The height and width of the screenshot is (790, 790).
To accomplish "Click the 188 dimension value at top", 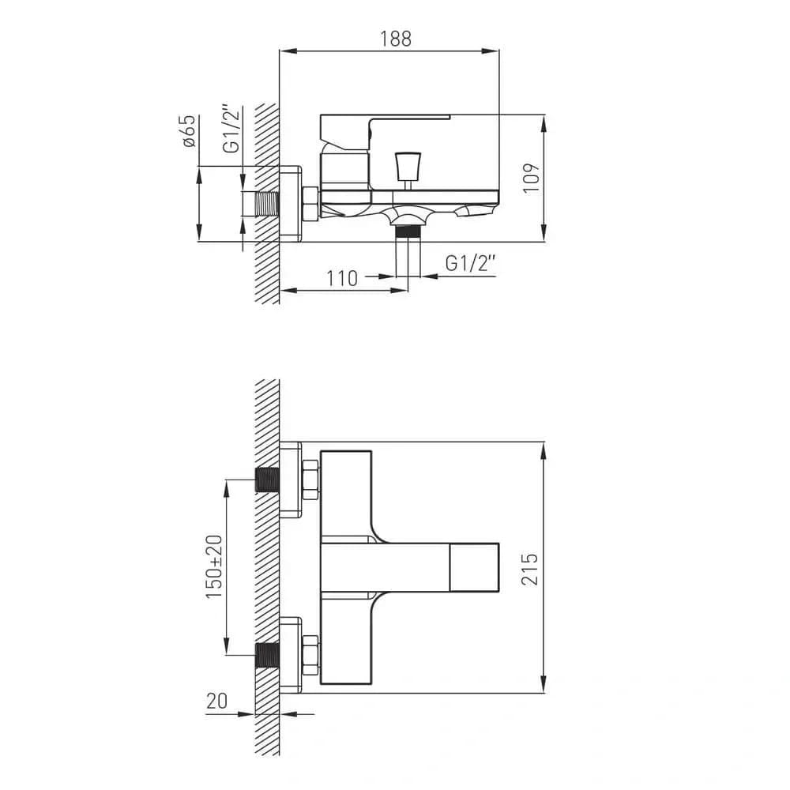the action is pos(396,39).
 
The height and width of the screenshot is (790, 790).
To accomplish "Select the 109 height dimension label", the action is pos(531,178).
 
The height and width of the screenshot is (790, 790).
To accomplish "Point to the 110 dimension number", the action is pos(342,278).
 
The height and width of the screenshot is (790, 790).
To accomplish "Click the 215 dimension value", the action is pos(529,569).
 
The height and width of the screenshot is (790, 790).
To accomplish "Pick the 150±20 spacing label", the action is pos(214,566).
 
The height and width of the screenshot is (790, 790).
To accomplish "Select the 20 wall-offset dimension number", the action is pos(216,701).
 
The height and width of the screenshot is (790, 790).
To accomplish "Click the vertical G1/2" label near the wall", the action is pos(231,130).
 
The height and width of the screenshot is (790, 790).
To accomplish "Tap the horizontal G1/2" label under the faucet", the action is pos(471,263).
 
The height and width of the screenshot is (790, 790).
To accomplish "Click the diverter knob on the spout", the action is pos(408,166).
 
